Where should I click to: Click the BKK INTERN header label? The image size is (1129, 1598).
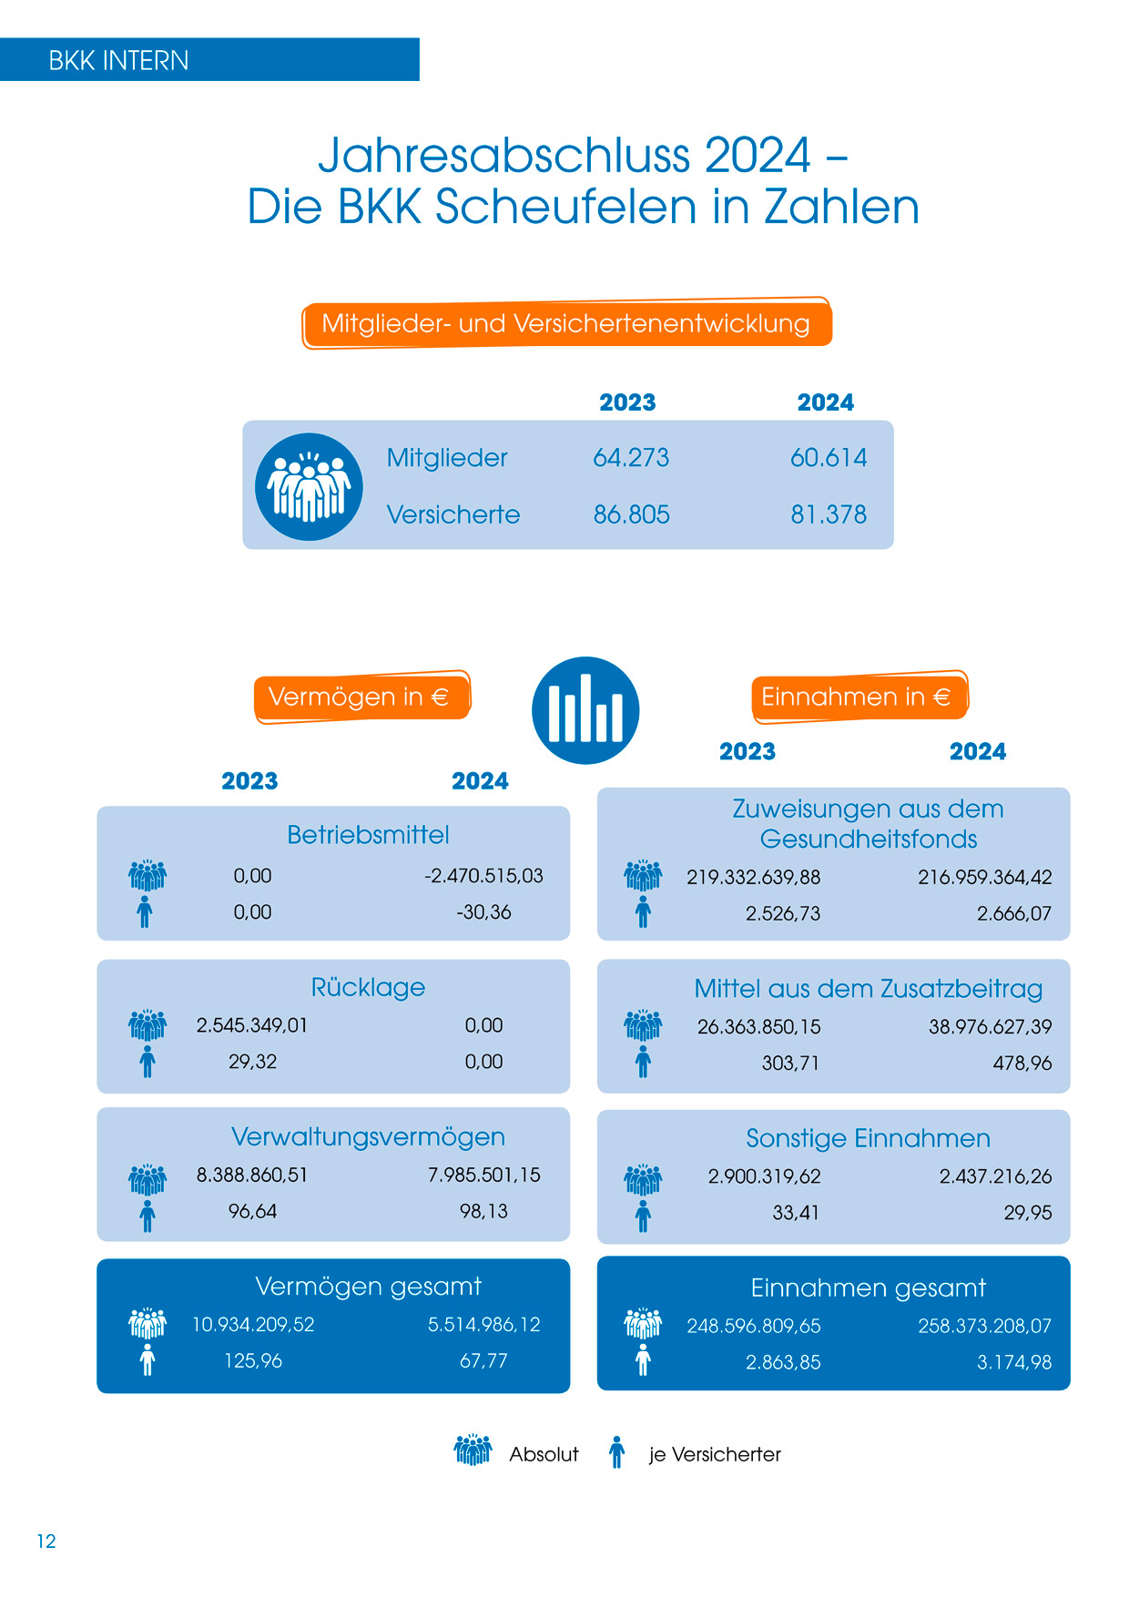[x=118, y=61]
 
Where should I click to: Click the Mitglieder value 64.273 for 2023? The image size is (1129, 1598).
[x=631, y=457]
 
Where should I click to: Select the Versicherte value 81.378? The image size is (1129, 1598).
[x=829, y=514]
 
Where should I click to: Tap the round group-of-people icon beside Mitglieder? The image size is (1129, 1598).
[x=309, y=487]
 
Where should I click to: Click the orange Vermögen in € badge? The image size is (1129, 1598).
[x=361, y=697]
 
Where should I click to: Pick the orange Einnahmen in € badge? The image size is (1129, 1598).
[x=857, y=697]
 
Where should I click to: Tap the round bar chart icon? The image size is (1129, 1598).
[x=585, y=710]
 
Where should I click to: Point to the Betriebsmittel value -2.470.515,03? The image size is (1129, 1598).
[x=483, y=876]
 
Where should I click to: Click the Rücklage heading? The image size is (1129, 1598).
[x=368, y=987]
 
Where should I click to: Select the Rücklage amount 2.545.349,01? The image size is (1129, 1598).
[x=252, y=1025]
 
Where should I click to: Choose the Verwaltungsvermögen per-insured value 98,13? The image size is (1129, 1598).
[x=483, y=1211]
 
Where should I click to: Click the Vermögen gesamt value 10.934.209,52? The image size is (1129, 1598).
[x=253, y=1324]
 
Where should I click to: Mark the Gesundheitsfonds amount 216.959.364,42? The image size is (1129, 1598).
[x=984, y=877]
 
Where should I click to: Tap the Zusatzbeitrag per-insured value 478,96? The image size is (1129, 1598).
[x=1022, y=1063]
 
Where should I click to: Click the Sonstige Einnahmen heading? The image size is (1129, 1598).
[x=868, y=1138]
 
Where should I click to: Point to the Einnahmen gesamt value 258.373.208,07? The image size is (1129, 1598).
[x=984, y=1326]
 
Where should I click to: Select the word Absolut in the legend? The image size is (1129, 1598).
[x=544, y=1454]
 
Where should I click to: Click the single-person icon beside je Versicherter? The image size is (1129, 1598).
[x=617, y=1452]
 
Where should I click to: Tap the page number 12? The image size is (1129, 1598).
[x=46, y=1541]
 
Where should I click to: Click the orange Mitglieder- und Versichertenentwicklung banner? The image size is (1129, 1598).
[x=565, y=323]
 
